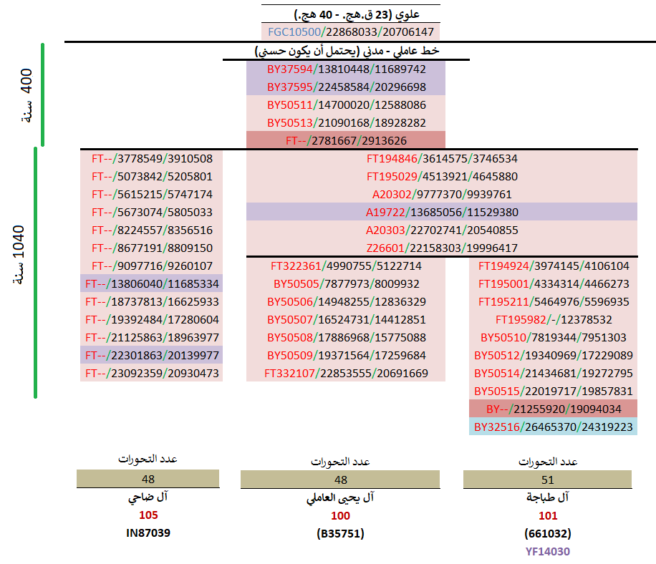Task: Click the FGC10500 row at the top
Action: [x=350, y=32]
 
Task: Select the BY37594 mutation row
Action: [x=346, y=69]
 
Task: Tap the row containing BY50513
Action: [x=346, y=123]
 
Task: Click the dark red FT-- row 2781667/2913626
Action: [x=346, y=141]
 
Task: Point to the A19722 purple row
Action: [x=441, y=212]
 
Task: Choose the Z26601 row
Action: [x=441, y=248]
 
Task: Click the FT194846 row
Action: [x=441, y=159]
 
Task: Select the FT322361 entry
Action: [x=346, y=266]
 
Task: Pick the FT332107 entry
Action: [x=346, y=374]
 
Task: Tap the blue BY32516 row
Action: [x=552, y=427]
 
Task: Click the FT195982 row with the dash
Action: [x=552, y=320]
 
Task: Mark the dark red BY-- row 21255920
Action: [x=552, y=409]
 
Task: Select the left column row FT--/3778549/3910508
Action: [x=152, y=159]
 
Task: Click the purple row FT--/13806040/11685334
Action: [x=152, y=284]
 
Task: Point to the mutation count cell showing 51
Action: [x=548, y=480]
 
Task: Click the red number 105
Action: [x=149, y=515]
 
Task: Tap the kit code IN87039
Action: [x=149, y=533]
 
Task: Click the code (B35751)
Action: [x=340, y=533]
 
